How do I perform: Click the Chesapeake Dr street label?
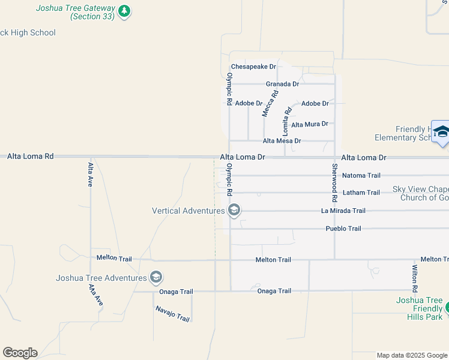253,67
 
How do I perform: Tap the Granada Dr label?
282,85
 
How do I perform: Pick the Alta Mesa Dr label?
282,141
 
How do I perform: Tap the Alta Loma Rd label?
31,156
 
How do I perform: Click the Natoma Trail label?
361,176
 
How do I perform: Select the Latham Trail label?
361,193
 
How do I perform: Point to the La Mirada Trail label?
343,211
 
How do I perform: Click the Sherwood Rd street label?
334,182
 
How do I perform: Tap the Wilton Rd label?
415,278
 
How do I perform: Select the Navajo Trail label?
172,313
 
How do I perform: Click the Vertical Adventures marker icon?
234,210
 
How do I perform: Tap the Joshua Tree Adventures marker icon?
156,277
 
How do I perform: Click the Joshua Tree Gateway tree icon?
124,11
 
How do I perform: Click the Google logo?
20,353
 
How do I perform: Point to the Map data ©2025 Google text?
412,356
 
